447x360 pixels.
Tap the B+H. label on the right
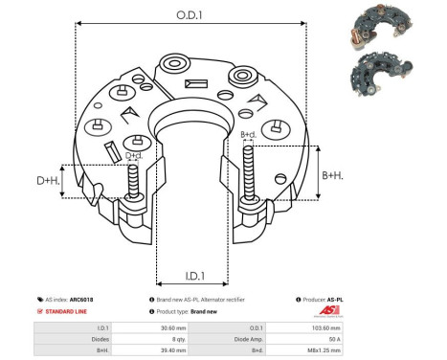click(x=332, y=175)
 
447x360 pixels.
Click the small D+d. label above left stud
click(x=135, y=155)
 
